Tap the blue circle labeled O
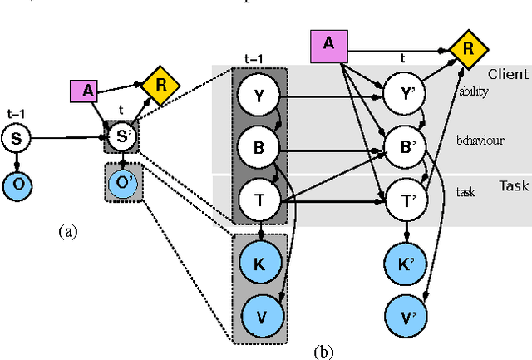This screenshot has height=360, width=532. pyautogui.click(x=16, y=183)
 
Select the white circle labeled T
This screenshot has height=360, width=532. pyautogui.click(x=258, y=200)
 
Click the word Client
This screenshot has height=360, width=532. pyautogui.click(x=507, y=74)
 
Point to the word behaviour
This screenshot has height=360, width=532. pyautogui.click(x=480, y=141)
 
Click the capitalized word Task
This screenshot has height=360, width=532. pyautogui.click(x=514, y=186)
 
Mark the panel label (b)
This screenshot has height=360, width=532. pyautogui.click(x=324, y=352)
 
